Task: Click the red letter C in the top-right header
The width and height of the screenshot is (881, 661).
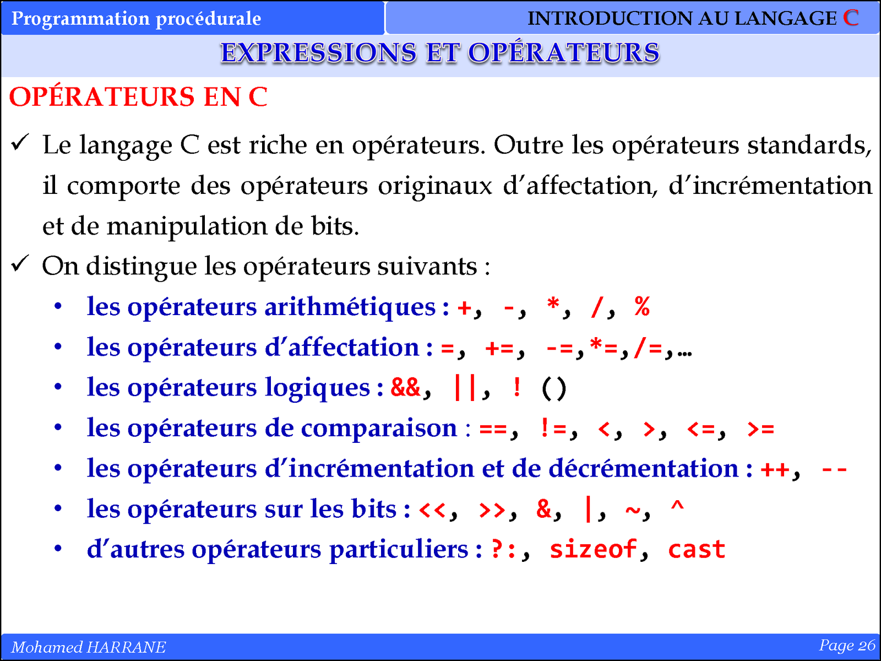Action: click(x=851, y=18)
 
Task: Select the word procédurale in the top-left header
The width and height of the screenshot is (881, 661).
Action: click(x=208, y=19)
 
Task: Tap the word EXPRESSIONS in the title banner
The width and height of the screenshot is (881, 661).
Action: click(x=319, y=52)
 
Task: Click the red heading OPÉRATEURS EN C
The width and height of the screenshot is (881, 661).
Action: click(x=138, y=97)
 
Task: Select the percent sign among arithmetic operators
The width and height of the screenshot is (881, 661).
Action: click(x=642, y=307)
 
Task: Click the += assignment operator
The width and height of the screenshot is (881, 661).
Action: click(x=499, y=348)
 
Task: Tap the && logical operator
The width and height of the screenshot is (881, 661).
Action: click(x=405, y=388)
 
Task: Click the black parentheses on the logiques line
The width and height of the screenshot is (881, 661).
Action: click(x=554, y=388)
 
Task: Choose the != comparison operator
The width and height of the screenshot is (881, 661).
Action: click(x=553, y=428)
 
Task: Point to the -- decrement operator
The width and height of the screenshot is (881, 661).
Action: click(x=834, y=469)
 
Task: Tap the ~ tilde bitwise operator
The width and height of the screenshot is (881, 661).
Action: click(x=633, y=510)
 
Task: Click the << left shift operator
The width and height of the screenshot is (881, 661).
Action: click(x=432, y=510)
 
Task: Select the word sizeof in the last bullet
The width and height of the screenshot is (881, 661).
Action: click(x=593, y=549)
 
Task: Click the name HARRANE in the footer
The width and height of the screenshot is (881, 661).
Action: click(x=126, y=647)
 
